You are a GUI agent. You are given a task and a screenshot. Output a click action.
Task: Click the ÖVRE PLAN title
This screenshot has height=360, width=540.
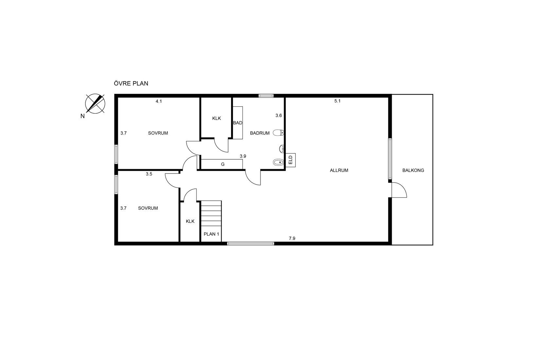pyautogui.click(x=131, y=83)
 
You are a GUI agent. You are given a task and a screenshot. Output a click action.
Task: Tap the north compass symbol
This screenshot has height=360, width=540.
pyautogui.click(x=95, y=103)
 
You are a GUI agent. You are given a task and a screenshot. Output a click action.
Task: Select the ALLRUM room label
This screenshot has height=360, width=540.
pyautogui.click(x=339, y=170)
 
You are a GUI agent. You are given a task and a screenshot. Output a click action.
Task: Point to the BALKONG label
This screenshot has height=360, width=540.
pyautogui.click(x=413, y=170)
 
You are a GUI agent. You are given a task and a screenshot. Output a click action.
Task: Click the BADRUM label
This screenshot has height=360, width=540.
pyautogui.click(x=260, y=133)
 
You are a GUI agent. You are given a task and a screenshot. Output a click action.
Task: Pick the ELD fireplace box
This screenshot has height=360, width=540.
pyautogui.click(x=291, y=160)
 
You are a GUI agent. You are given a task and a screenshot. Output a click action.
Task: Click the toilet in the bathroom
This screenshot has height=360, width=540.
pyautogui.click(x=279, y=132)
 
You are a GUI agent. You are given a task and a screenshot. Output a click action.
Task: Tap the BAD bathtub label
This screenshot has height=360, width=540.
pyautogui.click(x=238, y=123)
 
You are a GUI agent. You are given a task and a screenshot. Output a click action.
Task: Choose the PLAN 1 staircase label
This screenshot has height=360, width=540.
pyautogui.click(x=211, y=234)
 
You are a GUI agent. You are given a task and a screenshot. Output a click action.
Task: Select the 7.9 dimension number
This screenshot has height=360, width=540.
pyautogui.click(x=292, y=238)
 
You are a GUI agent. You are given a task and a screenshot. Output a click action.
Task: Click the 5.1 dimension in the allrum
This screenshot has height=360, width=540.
pyautogui.click(x=337, y=101)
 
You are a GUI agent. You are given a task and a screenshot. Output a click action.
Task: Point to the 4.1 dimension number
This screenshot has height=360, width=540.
pyautogui.click(x=159, y=101)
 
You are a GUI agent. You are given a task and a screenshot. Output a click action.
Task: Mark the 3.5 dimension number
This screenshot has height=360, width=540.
pyautogui.click(x=149, y=174)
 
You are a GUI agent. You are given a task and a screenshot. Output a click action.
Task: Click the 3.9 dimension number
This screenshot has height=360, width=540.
pyautogui.click(x=243, y=156)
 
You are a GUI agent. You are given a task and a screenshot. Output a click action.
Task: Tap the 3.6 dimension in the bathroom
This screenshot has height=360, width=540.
pyautogui.click(x=279, y=116)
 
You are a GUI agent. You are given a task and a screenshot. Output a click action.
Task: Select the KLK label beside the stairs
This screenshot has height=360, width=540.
pyautogui.click(x=190, y=221)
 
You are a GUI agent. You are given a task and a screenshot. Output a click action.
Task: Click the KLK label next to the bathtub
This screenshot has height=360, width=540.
pyautogui.click(x=216, y=118)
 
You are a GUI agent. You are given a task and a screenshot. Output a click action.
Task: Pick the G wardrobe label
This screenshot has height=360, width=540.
pyautogui.click(x=223, y=164)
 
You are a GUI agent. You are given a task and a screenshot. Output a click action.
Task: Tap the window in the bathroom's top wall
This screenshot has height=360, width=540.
pyautogui.click(x=266, y=96)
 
